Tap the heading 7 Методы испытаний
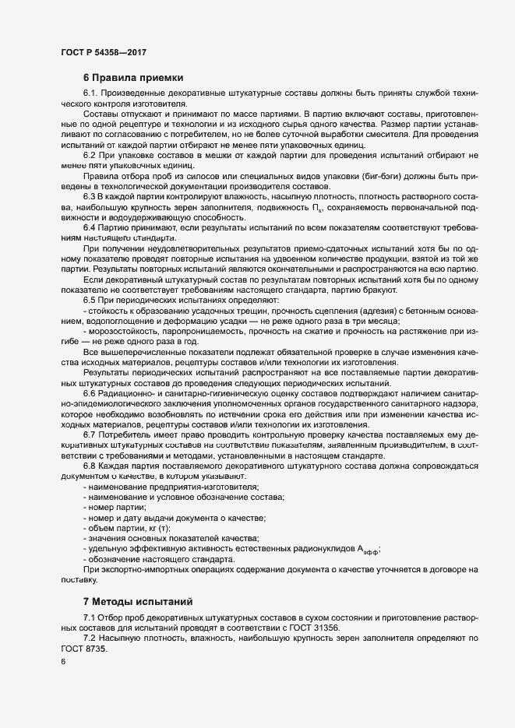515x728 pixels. [x=138, y=602]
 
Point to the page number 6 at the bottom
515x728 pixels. [x=63, y=662]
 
